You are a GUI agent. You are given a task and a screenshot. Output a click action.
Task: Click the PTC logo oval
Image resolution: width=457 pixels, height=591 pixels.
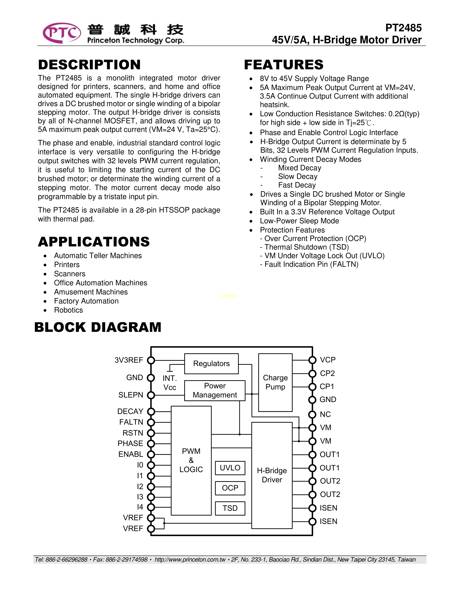tap(62, 33)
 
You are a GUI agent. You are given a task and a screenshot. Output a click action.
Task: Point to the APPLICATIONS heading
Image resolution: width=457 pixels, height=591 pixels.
tap(94, 242)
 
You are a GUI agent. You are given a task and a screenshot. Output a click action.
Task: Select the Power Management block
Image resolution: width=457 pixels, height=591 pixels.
tap(215, 390)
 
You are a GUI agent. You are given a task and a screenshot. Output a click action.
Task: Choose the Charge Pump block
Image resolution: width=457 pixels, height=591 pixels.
tap(275, 382)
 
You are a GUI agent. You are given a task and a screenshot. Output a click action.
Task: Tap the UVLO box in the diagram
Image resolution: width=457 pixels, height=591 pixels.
tap(230, 468)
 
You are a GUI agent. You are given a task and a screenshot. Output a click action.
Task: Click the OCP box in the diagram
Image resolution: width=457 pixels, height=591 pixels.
tap(230, 488)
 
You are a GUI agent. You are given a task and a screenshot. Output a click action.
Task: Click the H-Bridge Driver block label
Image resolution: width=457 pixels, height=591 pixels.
tap(272, 475)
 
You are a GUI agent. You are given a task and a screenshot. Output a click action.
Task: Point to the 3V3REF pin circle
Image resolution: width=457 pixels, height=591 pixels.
tap(151, 360)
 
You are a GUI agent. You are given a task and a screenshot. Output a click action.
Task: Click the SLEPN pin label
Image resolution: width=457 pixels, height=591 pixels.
tap(130, 395)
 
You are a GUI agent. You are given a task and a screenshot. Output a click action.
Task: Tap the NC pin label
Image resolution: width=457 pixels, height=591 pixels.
tap(325, 414)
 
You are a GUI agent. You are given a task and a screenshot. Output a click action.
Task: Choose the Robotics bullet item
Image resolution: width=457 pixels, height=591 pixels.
tap(68, 310)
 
